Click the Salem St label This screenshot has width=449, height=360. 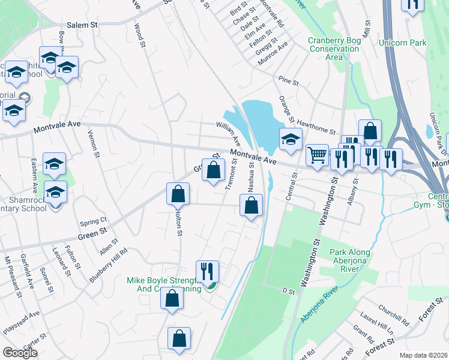82,25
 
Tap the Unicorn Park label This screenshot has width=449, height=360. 402,43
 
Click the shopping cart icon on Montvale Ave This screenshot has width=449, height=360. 317,155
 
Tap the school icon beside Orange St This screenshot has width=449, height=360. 291,140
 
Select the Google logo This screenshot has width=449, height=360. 20,353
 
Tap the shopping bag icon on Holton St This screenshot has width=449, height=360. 178,194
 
